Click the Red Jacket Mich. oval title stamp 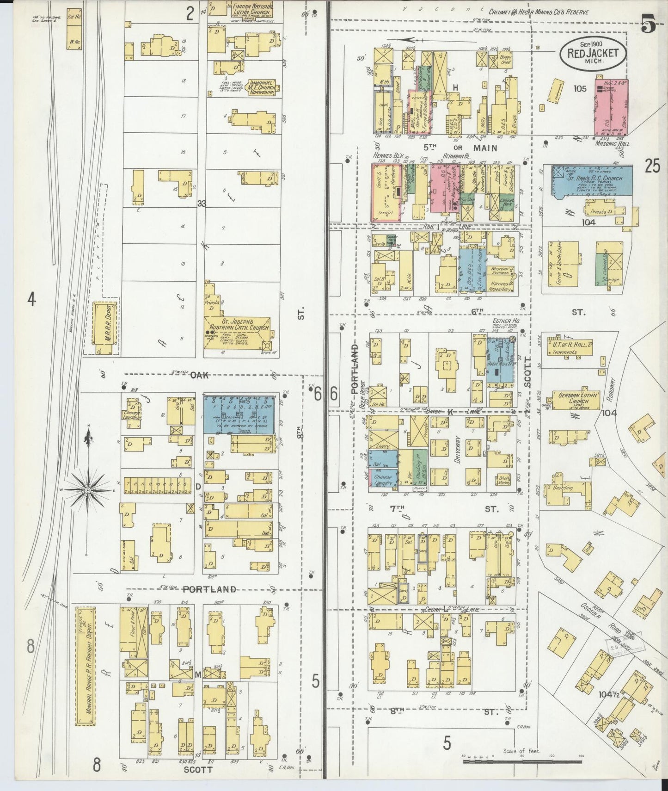[593, 53]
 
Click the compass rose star [87, 489]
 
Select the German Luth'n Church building [572, 400]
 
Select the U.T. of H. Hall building [566, 347]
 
